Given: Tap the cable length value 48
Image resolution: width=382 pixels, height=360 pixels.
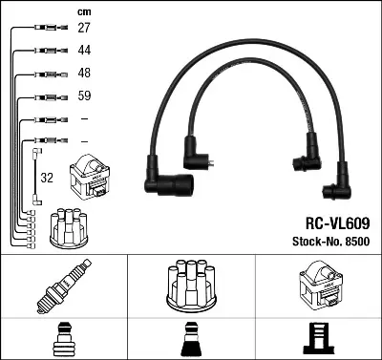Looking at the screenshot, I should click(x=83, y=74).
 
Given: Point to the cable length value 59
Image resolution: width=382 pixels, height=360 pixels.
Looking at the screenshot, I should click(x=83, y=96).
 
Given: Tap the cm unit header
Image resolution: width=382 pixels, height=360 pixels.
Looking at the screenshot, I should click(x=82, y=11).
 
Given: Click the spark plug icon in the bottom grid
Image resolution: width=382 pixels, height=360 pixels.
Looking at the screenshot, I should click(x=63, y=286).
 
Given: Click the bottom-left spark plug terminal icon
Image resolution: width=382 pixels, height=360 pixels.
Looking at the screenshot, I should click(x=63, y=339).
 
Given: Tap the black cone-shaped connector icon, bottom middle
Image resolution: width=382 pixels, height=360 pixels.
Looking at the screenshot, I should click(x=190, y=339).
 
